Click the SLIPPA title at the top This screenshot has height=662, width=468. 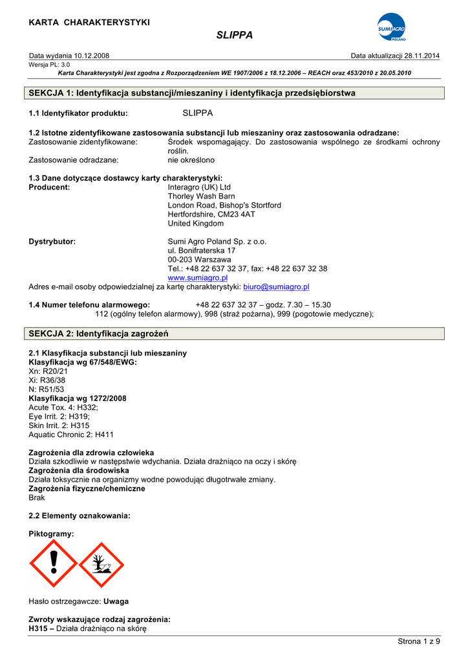234,35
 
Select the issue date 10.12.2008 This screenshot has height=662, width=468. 90,56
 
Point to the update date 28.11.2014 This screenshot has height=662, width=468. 422,56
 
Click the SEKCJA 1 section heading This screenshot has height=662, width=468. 193,93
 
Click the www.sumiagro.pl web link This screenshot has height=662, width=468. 198,277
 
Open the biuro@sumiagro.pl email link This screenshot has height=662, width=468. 276,286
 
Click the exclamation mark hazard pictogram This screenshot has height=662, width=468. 54,564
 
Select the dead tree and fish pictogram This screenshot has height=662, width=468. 101,564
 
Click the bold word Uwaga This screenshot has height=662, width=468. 116,601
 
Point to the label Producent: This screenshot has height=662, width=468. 50,187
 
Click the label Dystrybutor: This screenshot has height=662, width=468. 52,241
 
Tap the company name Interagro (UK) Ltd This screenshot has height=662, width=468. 199,187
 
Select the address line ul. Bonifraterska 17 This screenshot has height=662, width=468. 202,250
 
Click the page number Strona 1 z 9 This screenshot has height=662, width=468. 418,641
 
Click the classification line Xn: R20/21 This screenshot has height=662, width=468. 48,372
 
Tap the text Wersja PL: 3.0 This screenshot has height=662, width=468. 50,65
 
